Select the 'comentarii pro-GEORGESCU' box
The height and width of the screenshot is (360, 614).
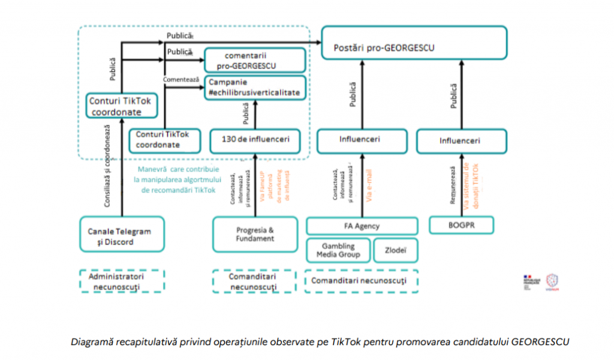255,60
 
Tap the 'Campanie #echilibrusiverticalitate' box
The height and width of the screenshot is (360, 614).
255,87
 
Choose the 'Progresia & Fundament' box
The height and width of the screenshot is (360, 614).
254,233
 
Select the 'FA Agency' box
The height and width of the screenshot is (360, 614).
362,226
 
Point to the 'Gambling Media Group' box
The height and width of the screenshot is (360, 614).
339,250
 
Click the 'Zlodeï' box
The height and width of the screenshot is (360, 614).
395,250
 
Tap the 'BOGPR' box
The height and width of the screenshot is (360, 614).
462,225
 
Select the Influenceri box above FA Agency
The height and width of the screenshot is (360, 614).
362,140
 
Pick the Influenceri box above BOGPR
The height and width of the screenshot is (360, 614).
462,141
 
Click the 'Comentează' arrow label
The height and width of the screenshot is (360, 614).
181,80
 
